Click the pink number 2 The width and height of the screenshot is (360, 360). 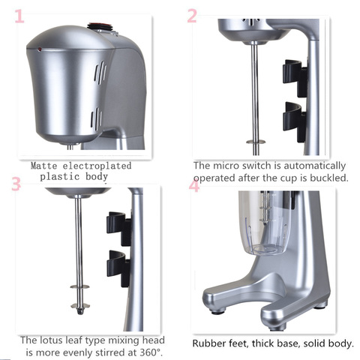[192, 16]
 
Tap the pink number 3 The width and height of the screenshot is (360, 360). [16, 184]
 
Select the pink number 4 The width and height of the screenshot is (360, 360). [194, 185]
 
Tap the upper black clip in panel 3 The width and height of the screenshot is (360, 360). [118, 223]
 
